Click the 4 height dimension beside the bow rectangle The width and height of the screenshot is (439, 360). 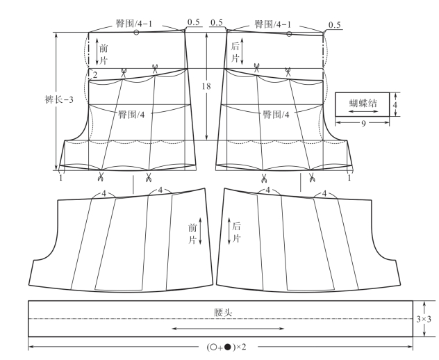(x=396, y=104)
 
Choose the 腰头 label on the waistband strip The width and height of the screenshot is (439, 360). (x=223, y=313)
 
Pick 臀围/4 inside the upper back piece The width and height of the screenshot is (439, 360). (x=276, y=113)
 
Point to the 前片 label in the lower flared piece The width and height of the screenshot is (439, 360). (x=193, y=232)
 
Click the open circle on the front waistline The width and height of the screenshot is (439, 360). (x=136, y=33)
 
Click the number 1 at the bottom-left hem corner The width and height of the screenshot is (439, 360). (x=61, y=178)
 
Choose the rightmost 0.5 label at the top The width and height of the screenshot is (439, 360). (x=334, y=25)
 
